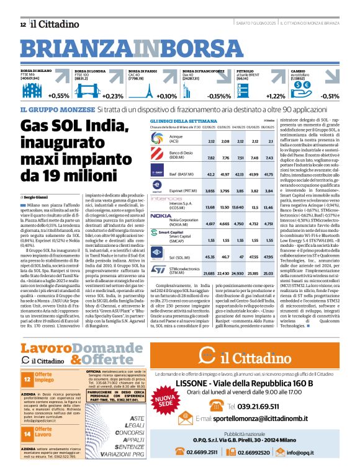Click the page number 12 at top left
pos(23,25)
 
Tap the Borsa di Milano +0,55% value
pos(59,96)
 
